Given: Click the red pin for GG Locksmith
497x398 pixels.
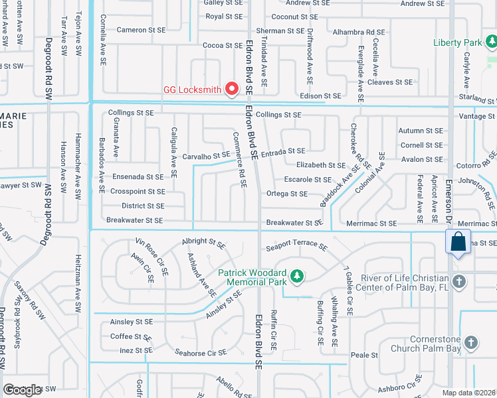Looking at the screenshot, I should click(x=232, y=88).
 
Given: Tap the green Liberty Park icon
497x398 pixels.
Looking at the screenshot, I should click(x=490, y=43).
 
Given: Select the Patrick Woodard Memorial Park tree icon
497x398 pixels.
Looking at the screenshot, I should click(x=298, y=275).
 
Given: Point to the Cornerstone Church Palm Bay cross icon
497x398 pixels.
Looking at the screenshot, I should click(x=470, y=342).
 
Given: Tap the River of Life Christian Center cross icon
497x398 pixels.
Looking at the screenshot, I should click(x=458, y=283).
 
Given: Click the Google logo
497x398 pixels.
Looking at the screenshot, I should click(x=22, y=390).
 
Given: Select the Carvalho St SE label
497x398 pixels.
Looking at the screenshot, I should click(x=207, y=156).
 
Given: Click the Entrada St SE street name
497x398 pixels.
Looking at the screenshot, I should click(x=282, y=152).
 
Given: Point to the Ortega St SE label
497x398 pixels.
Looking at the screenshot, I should click(x=286, y=194).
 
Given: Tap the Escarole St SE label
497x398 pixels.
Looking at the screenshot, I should click(x=308, y=180).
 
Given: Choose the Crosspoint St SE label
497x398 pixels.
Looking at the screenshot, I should click(x=139, y=191).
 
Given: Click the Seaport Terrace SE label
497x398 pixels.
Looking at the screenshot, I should click(x=296, y=247).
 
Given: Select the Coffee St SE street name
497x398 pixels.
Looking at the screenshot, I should click(x=132, y=336).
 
